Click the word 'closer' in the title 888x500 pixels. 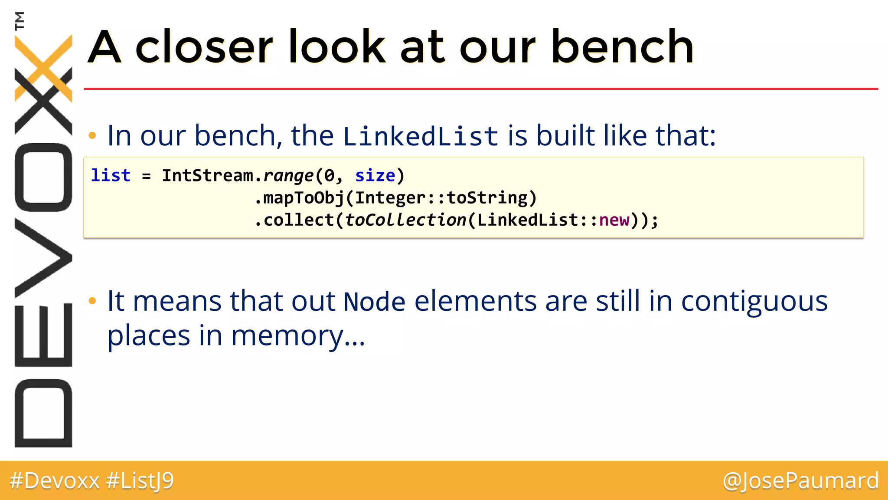[x=204, y=47]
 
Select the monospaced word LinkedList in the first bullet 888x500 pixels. [x=421, y=136]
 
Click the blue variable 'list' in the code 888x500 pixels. [x=111, y=176]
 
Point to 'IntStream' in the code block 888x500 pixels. [x=207, y=176]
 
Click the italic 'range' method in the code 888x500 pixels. [x=288, y=176]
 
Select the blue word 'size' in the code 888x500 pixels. [x=375, y=176]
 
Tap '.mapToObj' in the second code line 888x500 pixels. [x=299, y=198]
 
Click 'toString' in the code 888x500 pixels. [x=487, y=198]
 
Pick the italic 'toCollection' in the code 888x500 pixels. [x=405, y=220]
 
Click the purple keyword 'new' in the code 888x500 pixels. [x=614, y=220]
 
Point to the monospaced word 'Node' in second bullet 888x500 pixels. [x=374, y=302]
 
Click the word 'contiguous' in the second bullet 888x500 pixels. [x=754, y=302]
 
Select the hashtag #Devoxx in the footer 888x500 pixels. [x=55, y=480]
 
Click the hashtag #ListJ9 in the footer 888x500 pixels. [x=140, y=480]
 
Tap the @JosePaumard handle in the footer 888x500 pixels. [x=800, y=480]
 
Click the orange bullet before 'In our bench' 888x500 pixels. [x=92, y=136]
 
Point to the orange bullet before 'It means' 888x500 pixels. [x=92, y=301]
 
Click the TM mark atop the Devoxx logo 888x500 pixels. [x=20, y=20]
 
